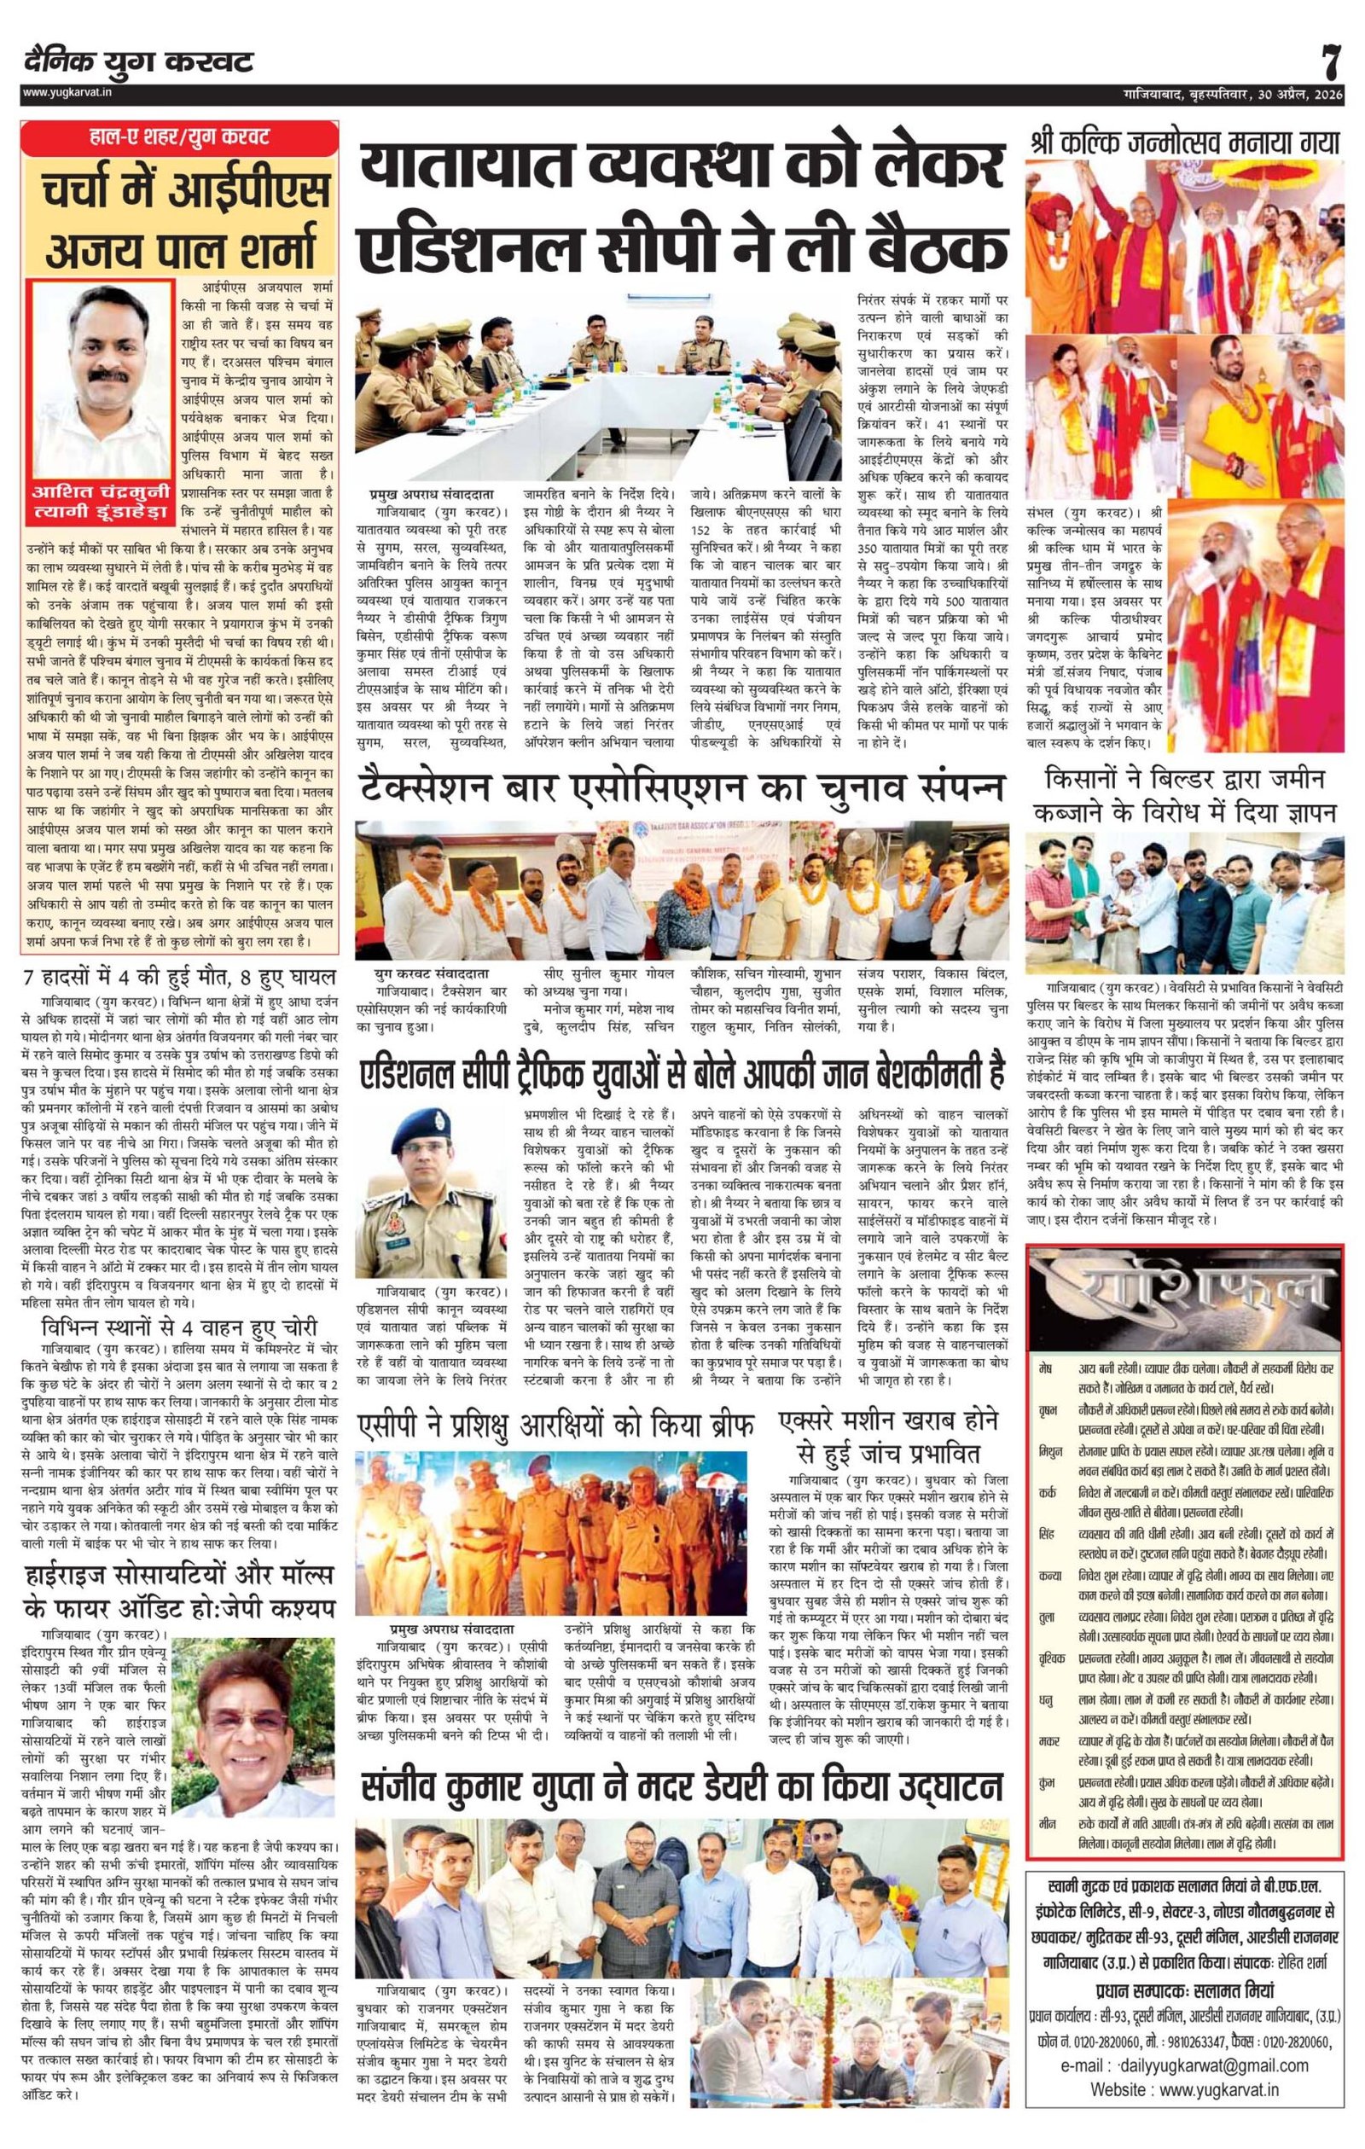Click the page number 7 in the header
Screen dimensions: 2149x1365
(x=1331, y=62)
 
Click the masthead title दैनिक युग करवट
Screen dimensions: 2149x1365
(x=139, y=62)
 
